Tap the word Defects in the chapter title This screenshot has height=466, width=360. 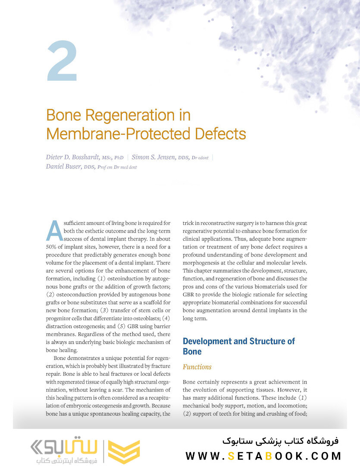[x=220, y=134]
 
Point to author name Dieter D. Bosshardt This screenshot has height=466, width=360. [x=72, y=157]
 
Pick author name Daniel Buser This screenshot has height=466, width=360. [x=64, y=167]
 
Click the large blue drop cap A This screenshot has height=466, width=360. [x=54, y=231]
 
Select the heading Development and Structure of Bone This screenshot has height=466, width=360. [x=238, y=346]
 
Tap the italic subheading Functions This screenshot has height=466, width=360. [x=197, y=367]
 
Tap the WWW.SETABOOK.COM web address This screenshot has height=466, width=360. [x=263, y=456]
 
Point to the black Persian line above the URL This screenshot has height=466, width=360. [x=281, y=441]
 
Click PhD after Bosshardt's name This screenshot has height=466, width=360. [x=119, y=158]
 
